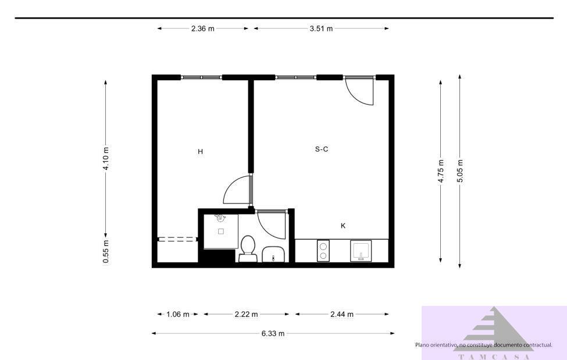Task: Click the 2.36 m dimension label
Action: point(202,28)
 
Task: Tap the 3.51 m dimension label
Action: point(321,28)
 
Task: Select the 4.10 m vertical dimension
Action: point(106,158)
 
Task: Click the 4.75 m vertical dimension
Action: point(441,171)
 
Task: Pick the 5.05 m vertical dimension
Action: point(460,171)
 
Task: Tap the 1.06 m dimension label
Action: point(177,315)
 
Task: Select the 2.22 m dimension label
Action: point(246,315)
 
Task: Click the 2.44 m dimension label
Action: point(342,315)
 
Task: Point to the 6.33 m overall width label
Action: point(273,334)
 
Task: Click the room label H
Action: point(200,152)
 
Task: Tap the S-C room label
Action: point(322,149)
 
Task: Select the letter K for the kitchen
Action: point(343,226)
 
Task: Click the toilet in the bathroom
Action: point(248,248)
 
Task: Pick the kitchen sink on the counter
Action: point(361,251)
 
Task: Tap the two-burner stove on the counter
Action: point(323,251)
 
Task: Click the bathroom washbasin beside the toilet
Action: point(273,254)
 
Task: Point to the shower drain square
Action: point(221,231)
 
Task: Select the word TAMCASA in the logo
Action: point(494,357)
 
